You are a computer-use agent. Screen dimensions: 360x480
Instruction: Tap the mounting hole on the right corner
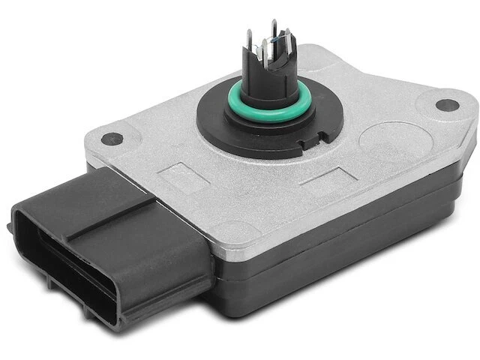[447, 105]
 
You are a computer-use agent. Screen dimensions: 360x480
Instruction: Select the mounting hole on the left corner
[112, 139]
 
